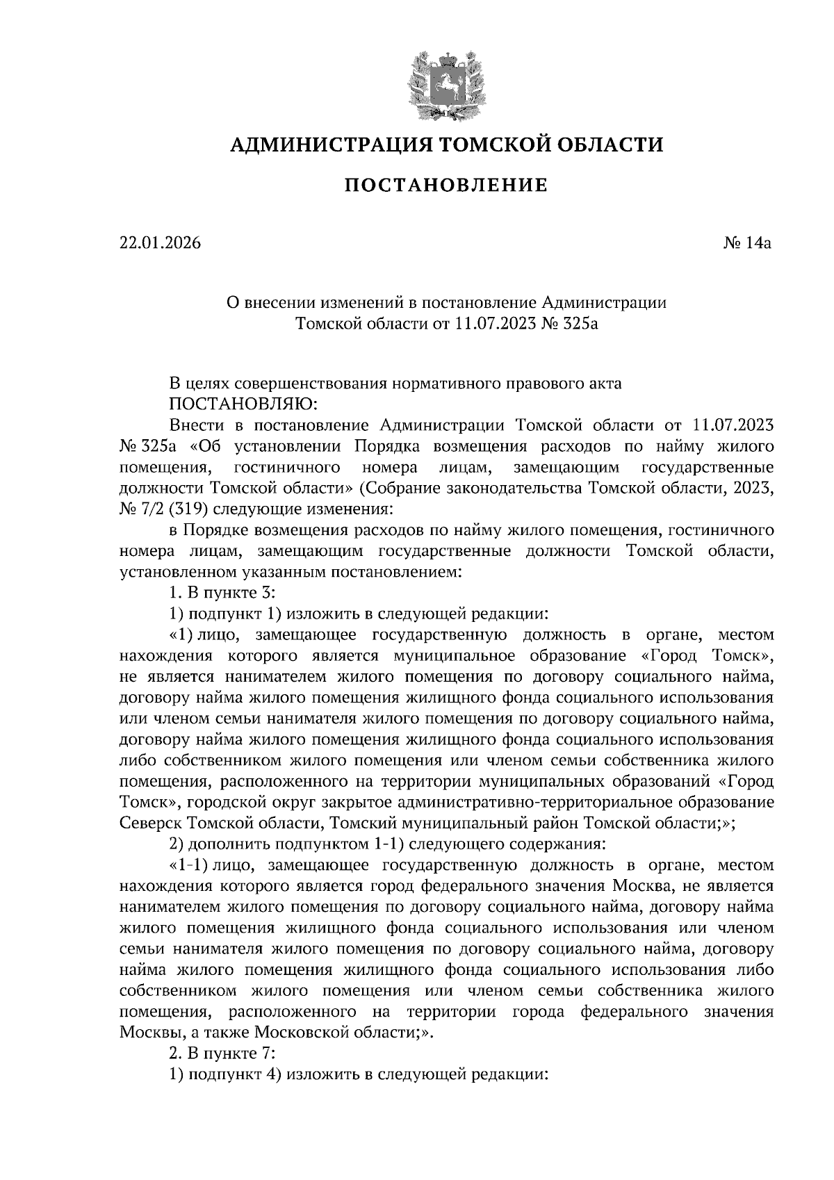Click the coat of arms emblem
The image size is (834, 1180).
445,84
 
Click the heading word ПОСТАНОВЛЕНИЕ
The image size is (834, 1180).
446,186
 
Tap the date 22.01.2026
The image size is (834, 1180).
160,243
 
